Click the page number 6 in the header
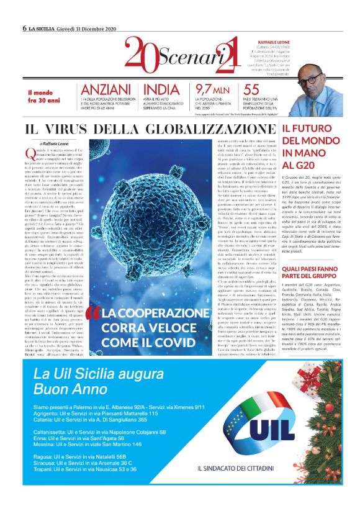click(24, 28)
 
